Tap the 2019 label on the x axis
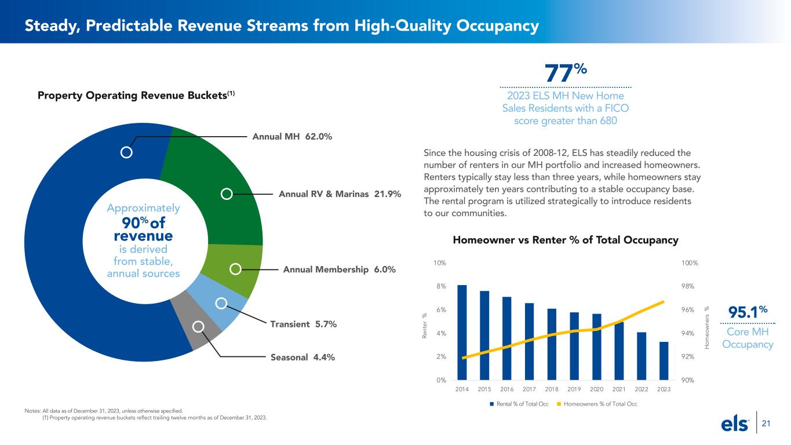pos(574,389)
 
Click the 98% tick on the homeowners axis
pos(690,286)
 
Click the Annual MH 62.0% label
pos(292,137)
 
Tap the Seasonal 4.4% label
pos(302,358)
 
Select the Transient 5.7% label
pos(303,323)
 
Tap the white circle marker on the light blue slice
pos(221,303)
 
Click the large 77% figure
pos(566,74)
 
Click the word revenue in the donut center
pos(143,236)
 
